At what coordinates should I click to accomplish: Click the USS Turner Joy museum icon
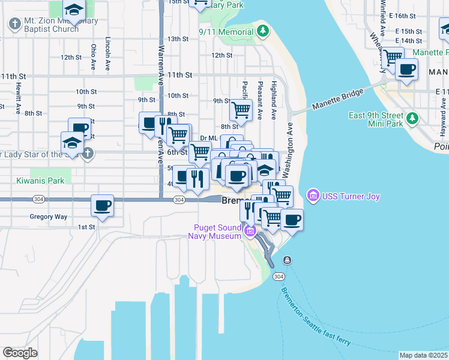[x=313, y=196]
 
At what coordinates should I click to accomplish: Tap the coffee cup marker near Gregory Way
[x=102, y=206]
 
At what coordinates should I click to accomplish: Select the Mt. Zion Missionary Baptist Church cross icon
[x=14, y=24]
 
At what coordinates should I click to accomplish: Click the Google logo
[x=20, y=352]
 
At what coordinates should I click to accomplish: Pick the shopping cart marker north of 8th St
[x=241, y=110]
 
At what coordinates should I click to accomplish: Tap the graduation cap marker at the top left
[x=74, y=9]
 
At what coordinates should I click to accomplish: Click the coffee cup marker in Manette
[x=406, y=69]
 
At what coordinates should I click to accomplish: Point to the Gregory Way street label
[x=48, y=217]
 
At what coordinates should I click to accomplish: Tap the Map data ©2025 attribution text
[x=423, y=355]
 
